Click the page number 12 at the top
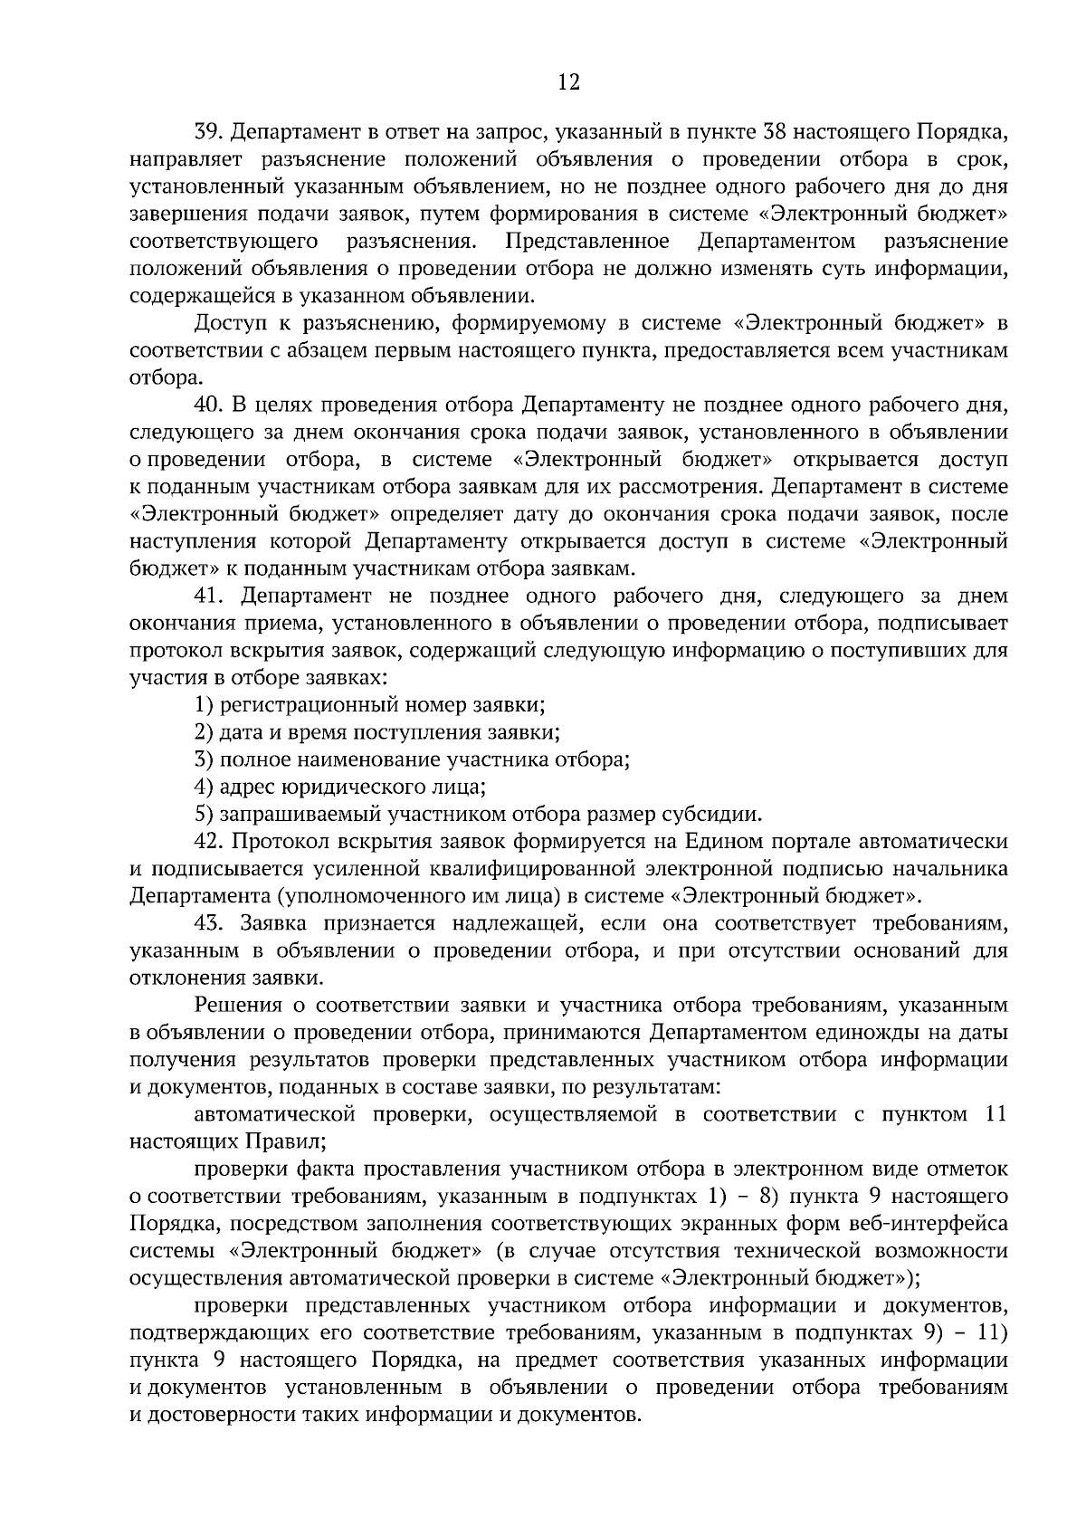pos(568,82)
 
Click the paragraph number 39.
pos(209,133)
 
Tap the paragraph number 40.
pos(209,405)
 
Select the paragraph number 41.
pos(209,596)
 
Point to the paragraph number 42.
pos(209,841)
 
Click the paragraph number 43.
pos(209,923)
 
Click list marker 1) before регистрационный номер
pos(204,704)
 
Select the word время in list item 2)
pos(286,731)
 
